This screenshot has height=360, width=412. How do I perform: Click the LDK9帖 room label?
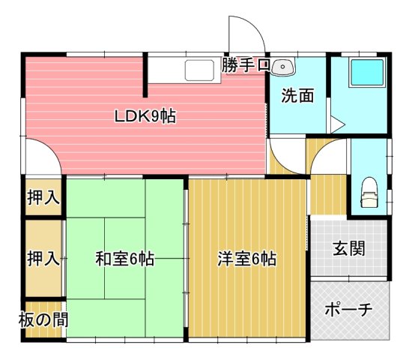(x=145, y=117)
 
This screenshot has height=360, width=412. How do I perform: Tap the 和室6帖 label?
(x=124, y=259)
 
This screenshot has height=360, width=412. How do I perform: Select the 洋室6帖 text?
(x=247, y=259)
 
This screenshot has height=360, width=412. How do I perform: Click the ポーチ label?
(x=349, y=310)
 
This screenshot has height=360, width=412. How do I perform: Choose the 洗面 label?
(x=297, y=96)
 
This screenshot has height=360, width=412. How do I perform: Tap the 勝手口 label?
(x=246, y=66)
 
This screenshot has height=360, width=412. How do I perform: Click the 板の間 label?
(x=43, y=319)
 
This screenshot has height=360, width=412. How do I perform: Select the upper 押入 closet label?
(x=43, y=199)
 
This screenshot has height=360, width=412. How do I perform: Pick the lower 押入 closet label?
(x=43, y=259)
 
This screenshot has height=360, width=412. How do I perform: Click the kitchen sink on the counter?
(x=199, y=71)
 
